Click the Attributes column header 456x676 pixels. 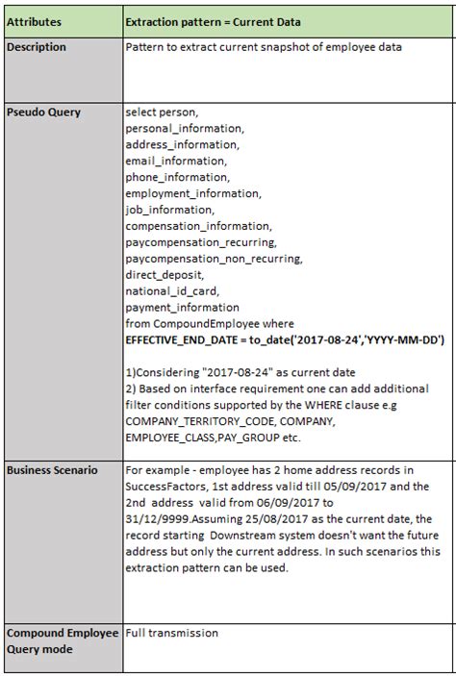[x=37, y=20]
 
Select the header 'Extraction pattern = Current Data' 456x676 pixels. [x=213, y=20]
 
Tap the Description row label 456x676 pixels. [x=38, y=47]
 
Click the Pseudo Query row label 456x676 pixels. [x=44, y=112]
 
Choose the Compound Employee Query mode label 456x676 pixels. [x=61, y=641]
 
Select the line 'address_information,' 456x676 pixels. [x=183, y=144]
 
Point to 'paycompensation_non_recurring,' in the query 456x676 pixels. [x=214, y=259]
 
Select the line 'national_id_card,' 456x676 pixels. [x=173, y=291]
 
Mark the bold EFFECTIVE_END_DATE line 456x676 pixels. [x=285, y=340]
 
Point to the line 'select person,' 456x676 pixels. [x=162, y=112]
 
